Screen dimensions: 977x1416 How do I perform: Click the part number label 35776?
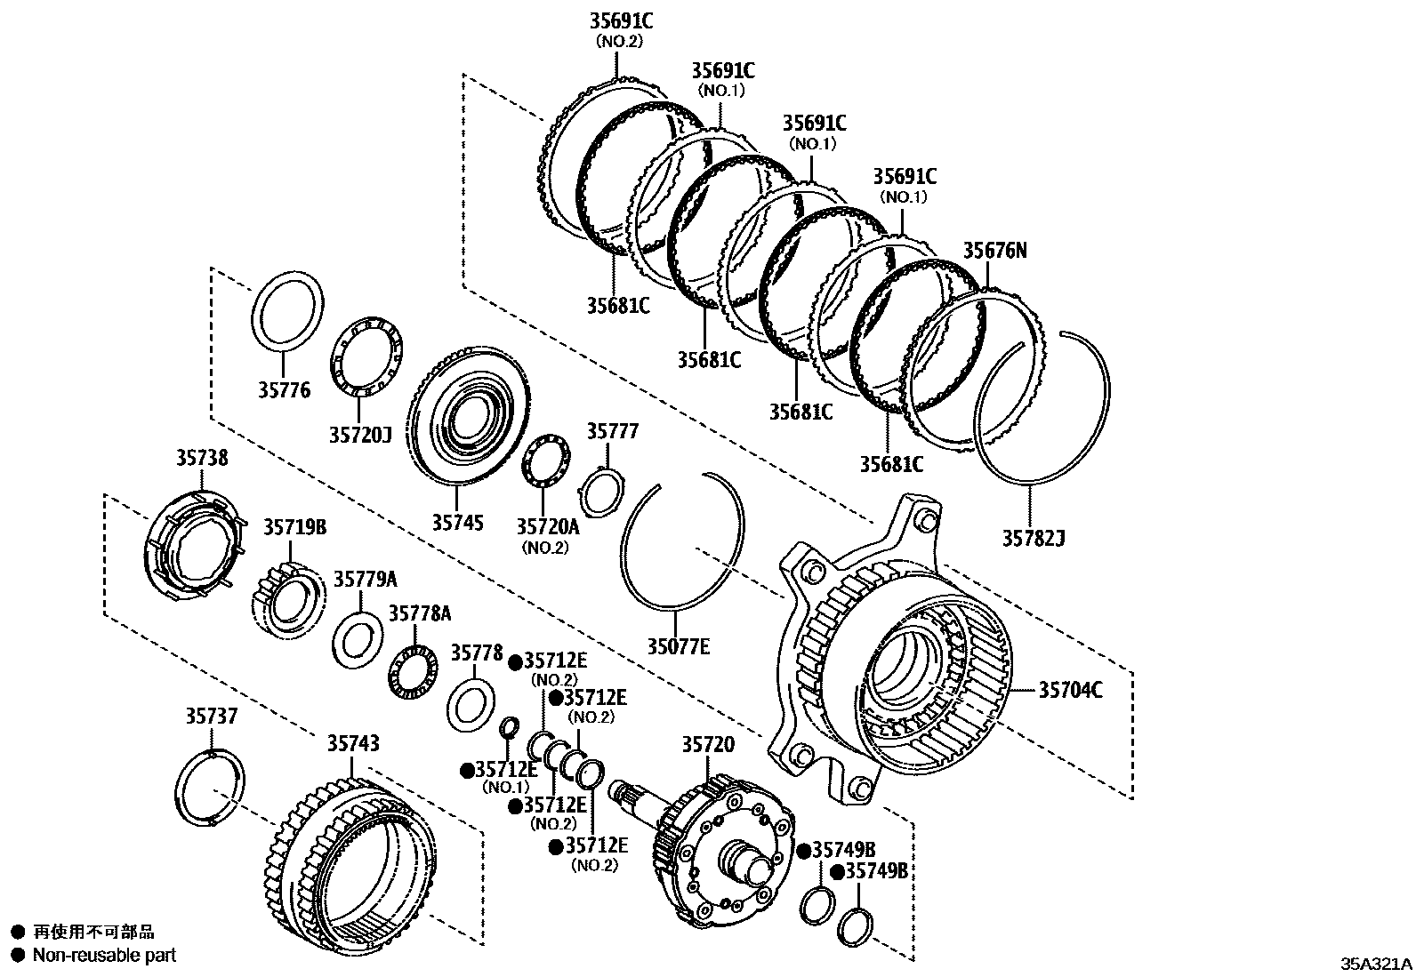285,390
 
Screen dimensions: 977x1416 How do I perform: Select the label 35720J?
360,435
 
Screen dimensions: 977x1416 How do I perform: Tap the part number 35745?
457,522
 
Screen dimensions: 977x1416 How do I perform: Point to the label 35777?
612,432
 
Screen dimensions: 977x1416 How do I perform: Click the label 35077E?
678,646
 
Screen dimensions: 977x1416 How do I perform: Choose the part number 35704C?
1070,690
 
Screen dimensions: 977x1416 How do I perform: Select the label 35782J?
1034,538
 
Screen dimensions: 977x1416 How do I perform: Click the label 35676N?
994,252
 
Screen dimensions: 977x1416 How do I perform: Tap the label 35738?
201,458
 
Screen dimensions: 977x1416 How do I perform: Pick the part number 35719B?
294,527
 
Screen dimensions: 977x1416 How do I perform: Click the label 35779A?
366,580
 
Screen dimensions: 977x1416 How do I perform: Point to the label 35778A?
419,614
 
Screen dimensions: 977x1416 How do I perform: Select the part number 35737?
212,716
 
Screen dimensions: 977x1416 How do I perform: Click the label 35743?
352,743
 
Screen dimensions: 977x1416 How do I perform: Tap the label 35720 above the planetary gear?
708,745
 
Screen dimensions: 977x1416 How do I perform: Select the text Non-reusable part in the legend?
104,956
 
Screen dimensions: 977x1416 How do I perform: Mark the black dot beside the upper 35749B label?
803,852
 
